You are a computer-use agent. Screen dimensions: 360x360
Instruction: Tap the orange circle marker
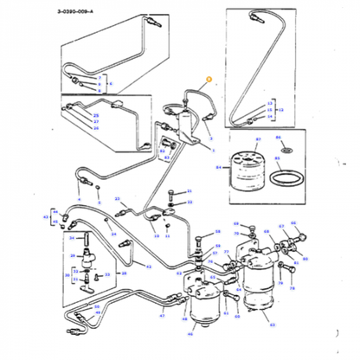[x=207, y=80]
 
